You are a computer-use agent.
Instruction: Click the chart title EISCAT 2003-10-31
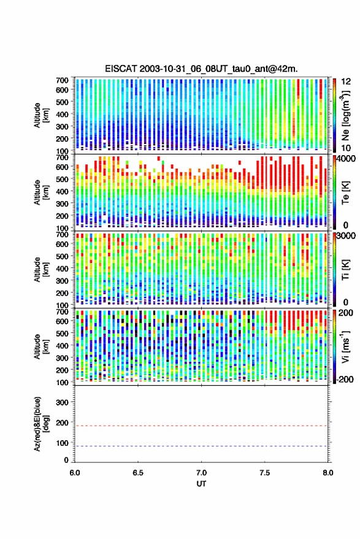pyautogui.click(x=202, y=69)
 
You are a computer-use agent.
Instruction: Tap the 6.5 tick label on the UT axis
pyautogui.click(x=138, y=473)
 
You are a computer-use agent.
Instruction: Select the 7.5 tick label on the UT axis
pyautogui.click(x=264, y=473)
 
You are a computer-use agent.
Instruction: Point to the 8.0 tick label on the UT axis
pyautogui.click(x=327, y=473)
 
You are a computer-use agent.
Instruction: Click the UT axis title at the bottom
pyautogui.click(x=201, y=484)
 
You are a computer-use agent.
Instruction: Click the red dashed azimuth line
pyautogui.click(x=202, y=426)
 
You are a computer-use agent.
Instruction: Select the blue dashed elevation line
pyautogui.click(x=202, y=446)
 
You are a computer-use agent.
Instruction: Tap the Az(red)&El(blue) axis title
pyautogui.click(x=40, y=424)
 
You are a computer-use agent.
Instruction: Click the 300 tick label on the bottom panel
pyautogui.click(x=62, y=402)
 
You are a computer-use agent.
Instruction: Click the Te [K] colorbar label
pyautogui.click(x=345, y=193)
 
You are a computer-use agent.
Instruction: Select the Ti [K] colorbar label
pyautogui.click(x=345, y=270)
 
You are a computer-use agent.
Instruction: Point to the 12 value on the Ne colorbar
pyautogui.click(x=346, y=82)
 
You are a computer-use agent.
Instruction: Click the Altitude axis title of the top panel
pyautogui.click(x=40, y=115)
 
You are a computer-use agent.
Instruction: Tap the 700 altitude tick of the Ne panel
pyautogui.click(x=62, y=80)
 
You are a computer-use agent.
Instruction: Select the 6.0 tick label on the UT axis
pyautogui.click(x=75, y=473)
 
